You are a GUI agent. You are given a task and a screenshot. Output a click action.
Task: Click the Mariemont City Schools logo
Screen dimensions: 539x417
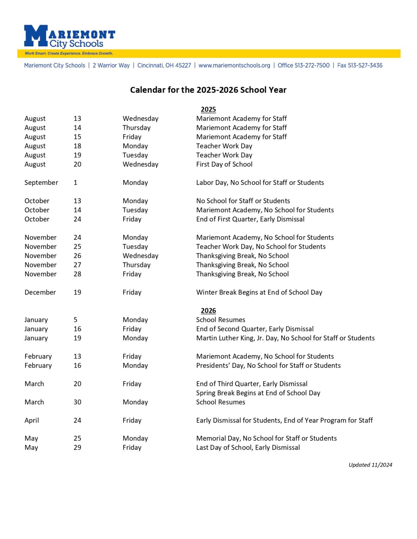click(x=69, y=36)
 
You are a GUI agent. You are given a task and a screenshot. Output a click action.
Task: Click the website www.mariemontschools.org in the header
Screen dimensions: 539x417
click(x=234, y=65)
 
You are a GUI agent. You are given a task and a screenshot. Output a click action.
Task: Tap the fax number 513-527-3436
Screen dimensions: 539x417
click(x=360, y=65)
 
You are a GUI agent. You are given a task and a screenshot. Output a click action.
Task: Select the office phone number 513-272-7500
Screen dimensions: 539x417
click(x=304, y=65)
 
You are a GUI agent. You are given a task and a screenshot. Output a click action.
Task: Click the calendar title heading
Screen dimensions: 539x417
click(x=208, y=90)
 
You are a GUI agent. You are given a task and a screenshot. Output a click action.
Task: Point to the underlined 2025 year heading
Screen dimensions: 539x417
click(x=208, y=109)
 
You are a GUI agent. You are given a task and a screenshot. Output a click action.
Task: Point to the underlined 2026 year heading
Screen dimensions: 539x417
click(x=208, y=311)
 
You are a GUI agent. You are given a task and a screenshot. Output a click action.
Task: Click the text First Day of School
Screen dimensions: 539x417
click(x=224, y=164)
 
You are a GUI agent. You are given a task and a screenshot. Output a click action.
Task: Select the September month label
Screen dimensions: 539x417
click(x=41, y=182)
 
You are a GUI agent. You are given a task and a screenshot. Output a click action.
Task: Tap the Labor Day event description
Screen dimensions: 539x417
click(x=260, y=182)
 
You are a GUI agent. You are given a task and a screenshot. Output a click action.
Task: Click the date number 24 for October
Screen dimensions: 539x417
click(x=77, y=219)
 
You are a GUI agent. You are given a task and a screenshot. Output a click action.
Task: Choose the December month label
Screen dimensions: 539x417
click(x=40, y=292)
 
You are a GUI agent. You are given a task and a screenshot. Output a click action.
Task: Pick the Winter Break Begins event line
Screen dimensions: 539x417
click(x=259, y=292)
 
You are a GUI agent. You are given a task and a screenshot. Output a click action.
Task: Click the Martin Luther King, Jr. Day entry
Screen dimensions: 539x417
click(x=285, y=338)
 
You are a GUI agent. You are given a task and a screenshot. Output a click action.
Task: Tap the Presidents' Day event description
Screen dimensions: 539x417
click(x=268, y=365)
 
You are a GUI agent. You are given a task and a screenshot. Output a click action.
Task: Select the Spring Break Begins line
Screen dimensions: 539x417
click(x=258, y=393)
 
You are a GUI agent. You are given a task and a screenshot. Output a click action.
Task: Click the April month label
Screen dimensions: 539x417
click(x=32, y=420)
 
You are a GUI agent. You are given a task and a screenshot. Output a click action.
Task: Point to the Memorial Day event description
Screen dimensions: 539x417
click(x=266, y=438)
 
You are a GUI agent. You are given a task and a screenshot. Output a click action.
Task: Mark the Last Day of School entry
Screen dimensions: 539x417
click(x=248, y=447)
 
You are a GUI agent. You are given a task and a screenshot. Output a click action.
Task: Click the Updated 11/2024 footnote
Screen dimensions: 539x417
click(x=370, y=465)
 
